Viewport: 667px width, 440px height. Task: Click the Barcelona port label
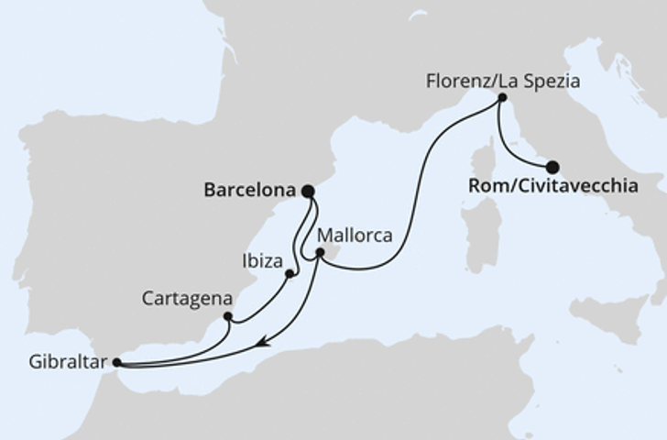[247, 192]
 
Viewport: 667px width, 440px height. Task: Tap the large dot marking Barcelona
[308, 192]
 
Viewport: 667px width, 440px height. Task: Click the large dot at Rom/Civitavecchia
[552, 167]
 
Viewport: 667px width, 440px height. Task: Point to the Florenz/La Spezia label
[503, 81]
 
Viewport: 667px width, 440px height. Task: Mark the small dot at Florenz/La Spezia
[500, 98]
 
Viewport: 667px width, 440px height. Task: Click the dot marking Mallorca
[319, 252]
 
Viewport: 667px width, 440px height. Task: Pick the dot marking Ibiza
[290, 273]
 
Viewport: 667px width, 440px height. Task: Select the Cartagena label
[187, 300]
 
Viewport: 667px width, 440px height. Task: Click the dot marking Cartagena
[226, 318]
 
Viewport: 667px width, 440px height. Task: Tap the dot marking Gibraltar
[116, 362]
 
